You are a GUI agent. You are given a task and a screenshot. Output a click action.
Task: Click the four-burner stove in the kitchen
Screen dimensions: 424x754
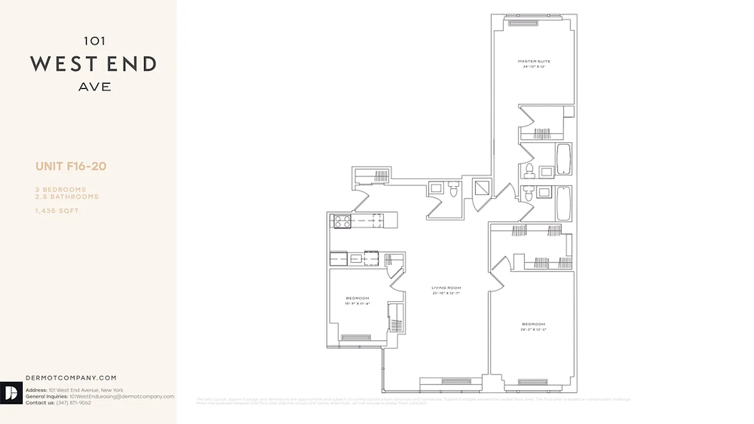[x=342, y=220]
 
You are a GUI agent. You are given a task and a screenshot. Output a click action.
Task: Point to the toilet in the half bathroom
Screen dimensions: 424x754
[x=453, y=189]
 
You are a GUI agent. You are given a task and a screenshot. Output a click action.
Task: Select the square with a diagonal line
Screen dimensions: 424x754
[x=481, y=188]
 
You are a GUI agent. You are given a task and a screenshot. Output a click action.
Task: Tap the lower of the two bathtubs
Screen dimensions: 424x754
[x=563, y=204]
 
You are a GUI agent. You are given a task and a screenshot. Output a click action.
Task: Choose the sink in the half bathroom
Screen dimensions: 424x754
[x=436, y=188]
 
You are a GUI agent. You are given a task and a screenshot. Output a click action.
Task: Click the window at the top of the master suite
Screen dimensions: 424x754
[x=523, y=22]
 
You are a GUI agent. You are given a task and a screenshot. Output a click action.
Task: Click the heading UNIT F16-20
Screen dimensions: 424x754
[x=71, y=166]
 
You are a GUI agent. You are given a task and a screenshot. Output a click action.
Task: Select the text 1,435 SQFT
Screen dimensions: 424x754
[x=57, y=211]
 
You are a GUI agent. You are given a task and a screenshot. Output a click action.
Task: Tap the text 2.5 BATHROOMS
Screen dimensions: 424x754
[x=67, y=197]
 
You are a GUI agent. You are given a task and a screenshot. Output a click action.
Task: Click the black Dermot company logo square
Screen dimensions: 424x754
[x=11, y=393]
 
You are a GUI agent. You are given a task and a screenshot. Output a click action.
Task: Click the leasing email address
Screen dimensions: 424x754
[x=122, y=396]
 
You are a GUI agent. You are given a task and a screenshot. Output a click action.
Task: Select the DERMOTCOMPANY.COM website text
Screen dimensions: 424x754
[x=71, y=378]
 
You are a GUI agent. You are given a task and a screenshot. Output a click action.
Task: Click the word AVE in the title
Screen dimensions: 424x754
[x=95, y=87]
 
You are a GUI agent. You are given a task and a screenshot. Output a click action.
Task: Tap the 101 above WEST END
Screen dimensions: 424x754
[x=95, y=40]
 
